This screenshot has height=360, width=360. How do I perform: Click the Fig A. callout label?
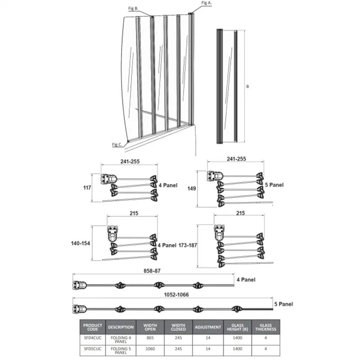[206, 3]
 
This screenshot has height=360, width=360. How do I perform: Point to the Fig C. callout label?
[117, 144]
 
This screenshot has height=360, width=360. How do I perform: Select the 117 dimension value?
[87, 188]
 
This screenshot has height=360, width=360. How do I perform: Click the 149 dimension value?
[191, 189]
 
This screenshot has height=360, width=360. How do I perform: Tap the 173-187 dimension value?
[188, 245]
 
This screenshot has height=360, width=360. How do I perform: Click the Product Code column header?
[93, 327]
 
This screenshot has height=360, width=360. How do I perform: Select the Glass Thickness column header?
[265, 327]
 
